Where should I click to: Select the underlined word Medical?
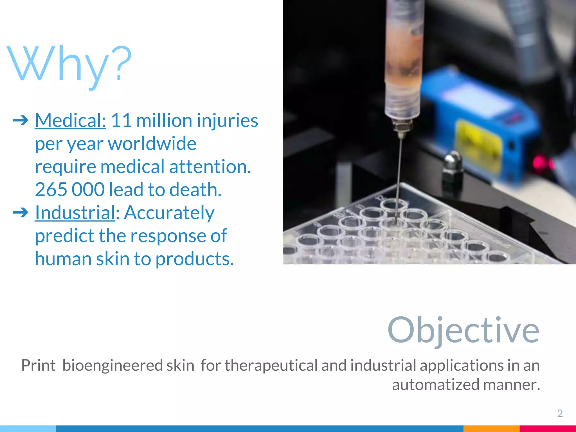point(70,120)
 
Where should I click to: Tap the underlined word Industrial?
point(75,213)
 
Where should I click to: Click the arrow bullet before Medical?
point(21,121)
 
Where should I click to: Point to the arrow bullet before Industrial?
point(21,213)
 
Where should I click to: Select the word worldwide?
point(152,143)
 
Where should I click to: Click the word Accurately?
point(169,213)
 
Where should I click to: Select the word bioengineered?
point(128,366)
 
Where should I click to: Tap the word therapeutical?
point(271,366)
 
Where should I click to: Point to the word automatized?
point(436,384)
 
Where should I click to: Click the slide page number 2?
point(560,413)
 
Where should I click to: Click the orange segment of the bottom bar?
point(491,429)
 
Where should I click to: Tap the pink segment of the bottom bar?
point(548,429)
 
